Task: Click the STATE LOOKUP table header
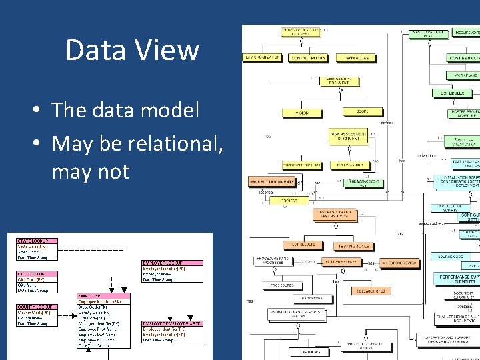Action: [37, 241]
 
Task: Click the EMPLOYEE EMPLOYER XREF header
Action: [172, 323]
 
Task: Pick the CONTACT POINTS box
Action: [308, 59]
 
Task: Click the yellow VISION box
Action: [302, 113]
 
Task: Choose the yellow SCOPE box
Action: [362, 111]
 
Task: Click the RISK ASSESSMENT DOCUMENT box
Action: [347, 136]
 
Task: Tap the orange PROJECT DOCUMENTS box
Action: [271, 181]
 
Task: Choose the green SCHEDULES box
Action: [456, 93]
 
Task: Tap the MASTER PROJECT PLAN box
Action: [429, 33]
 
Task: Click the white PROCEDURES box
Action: [282, 285]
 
